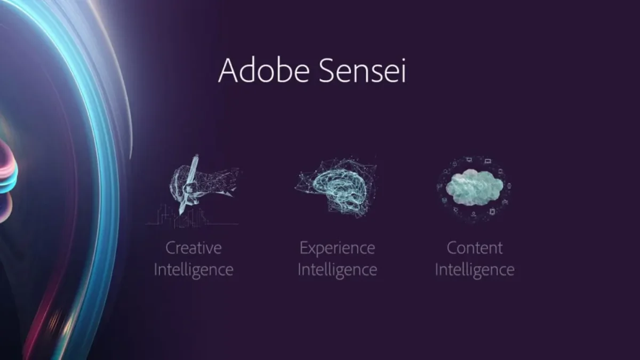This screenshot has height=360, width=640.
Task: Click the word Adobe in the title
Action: [264, 70]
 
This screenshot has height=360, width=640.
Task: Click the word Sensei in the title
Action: [362, 70]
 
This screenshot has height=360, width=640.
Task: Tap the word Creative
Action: [194, 247]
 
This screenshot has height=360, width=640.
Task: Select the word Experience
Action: [337, 247]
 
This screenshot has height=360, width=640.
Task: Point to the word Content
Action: [475, 247]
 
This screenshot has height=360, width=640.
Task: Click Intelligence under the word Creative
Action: [194, 270]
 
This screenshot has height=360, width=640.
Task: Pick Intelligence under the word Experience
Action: [337, 270]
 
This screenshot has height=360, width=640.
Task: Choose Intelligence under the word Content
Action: [475, 270]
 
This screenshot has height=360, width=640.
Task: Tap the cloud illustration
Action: [474, 187]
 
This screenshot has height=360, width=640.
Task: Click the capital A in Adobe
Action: [228, 70]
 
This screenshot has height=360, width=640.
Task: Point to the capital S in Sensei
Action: [326, 70]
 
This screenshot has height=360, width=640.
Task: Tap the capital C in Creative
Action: [171, 248]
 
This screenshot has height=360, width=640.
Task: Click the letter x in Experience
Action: [314, 250]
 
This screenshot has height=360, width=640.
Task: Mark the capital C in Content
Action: [452, 248]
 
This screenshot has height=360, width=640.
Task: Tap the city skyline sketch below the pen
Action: [191, 217]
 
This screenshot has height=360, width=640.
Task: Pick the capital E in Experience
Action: [304, 248]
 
